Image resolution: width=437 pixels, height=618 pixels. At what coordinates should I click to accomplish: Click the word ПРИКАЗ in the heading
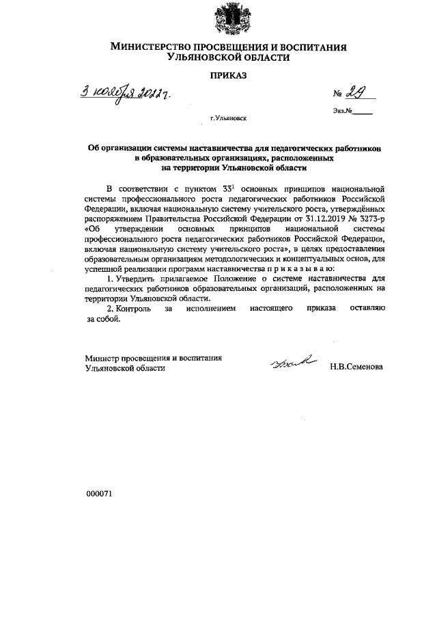(x=228, y=76)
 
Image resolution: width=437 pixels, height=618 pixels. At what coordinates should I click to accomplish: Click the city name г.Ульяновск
(x=229, y=118)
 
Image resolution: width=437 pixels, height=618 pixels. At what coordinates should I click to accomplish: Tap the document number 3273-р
(x=370, y=218)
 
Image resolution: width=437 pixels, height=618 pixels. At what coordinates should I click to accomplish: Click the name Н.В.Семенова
(x=356, y=367)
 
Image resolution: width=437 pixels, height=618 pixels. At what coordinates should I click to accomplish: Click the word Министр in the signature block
(x=102, y=357)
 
